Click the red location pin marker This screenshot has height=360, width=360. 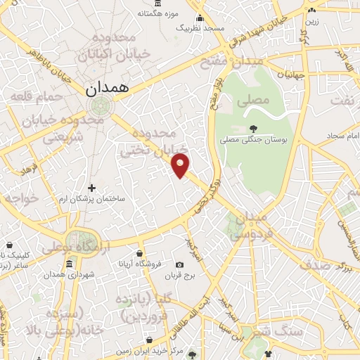point(181,166)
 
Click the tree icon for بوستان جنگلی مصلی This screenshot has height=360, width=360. point(252,128)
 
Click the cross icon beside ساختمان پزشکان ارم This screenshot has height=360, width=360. point(91,188)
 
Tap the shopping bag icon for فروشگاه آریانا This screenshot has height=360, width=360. point(139,253)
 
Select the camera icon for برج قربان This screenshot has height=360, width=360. point(179,265)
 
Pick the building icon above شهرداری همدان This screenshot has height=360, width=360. point(69,264)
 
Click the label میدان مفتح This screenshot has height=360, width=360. point(239,62)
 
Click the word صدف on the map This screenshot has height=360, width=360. point(316,264)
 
